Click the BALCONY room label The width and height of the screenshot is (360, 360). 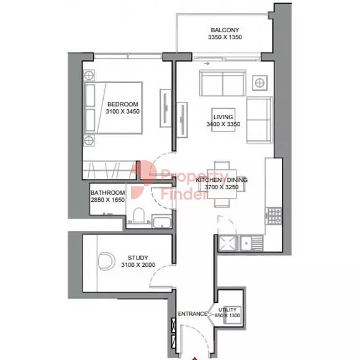pos(224,30)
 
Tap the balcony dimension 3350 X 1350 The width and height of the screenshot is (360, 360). pos(224,38)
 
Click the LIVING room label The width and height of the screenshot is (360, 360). pos(222,117)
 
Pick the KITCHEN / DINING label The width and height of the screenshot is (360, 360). pos(222,180)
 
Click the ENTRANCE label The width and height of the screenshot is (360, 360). pos(192,314)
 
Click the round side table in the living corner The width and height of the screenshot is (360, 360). pos(259,82)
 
